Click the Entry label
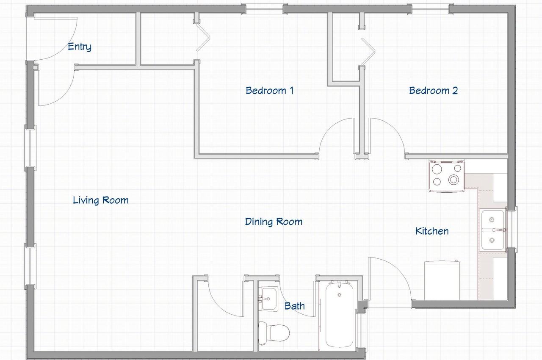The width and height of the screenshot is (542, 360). pyautogui.click(x=80, y=47)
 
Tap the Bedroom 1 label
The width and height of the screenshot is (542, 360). pyautogui.click(x=270, y=91)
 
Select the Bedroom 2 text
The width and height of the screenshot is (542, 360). pyautogui.click(x=433, y=91)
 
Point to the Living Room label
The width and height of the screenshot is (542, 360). pyautogui.click(x=101, y=201)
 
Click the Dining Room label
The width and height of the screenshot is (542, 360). pyautogui.click(x=274, y=222)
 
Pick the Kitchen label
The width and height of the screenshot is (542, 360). pyautogui.click(x=432, y=231)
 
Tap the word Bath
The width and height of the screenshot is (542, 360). pyautogui.click(x=294, y=306)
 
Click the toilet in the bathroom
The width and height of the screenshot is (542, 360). pyautogui.click(x=274, y=333)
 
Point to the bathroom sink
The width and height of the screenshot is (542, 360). pyautogui.click(x=268, y=299)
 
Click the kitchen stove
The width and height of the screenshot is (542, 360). pyautogui.click(x=447, y=176)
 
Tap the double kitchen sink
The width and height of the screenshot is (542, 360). pyautogui.click(x=492, y=230)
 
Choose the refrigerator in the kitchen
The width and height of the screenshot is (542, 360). pyautogui.click(x=442, y=280)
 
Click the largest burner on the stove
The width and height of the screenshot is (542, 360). pyautogui.click(x=454, y=180)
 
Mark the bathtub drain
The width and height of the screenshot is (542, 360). pyautogui.click(x=340, y=295)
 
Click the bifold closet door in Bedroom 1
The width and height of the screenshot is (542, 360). pyautogui.click(x=203, y=38)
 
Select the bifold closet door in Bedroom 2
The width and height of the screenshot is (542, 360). pyautogui.click(x=368, y=52)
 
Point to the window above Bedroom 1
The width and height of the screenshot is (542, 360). pyautogui.click(x=265, y=9)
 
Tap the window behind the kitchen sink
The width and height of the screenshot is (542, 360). pyautogui.click(x=512, y=230)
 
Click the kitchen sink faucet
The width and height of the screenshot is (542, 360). pyautogui.click(x=501, y=230)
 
